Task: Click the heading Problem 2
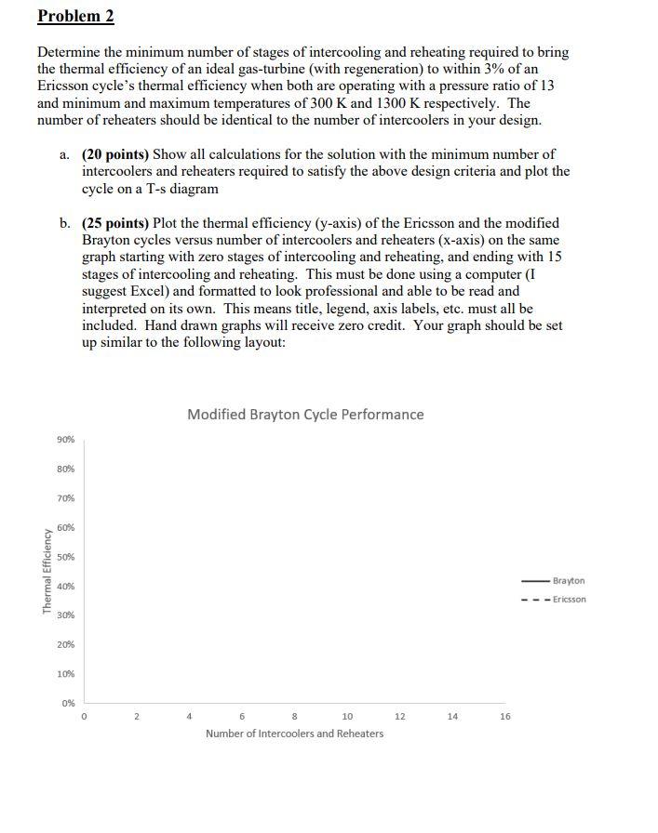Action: pos(75,17)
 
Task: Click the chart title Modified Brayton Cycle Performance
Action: pos(305,415)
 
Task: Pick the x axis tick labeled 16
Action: pos(505,717)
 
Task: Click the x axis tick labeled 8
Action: pos(295,717)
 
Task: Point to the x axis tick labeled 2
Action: pos(137,717)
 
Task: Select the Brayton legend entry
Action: pos(568,581)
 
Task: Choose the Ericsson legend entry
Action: pos(569,600)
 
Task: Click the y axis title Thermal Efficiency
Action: pos(46,571)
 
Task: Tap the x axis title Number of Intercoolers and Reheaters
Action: pos(294,734)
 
